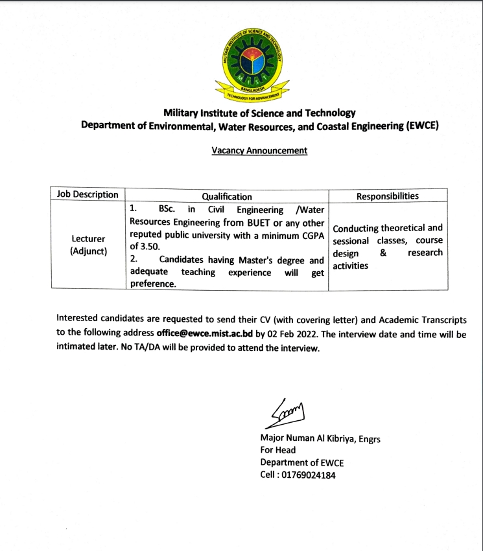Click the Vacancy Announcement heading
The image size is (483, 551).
[259, 151]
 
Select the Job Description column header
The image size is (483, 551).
[88, 195]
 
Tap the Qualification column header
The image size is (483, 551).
[227, 196]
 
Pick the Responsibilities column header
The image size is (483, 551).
[388, 196]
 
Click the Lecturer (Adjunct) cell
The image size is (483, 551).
[88, 245]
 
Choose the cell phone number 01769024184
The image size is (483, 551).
[307, 475]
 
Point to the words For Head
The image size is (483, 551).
[277, 451]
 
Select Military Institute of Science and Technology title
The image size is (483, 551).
[259, 113]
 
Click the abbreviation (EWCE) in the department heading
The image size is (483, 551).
[422, 126]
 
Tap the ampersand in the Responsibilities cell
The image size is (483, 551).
[383, 253]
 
